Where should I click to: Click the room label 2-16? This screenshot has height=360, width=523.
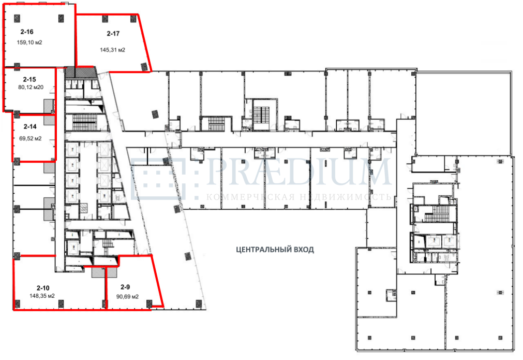(x=27, y=32)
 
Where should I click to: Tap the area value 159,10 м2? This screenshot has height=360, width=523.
(x=29, y=42)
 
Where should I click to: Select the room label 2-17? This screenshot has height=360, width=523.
(x=113, y=33)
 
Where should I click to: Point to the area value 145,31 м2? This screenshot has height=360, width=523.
(x=112, y=50)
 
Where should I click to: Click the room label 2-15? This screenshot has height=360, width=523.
(x=29, y=79)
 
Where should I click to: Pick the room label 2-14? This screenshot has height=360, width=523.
(x=30, y=127)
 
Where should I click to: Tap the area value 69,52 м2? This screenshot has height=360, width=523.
(x=31, y=138)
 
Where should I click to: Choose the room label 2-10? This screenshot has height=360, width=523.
(x=43, y=288)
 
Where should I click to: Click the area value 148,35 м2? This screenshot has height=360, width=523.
(x=42, y=296)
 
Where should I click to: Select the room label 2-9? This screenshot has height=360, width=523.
(x=125, y=287)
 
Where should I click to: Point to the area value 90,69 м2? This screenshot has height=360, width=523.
(x=127, y=297)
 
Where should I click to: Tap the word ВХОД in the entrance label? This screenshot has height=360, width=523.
(x=305, y=250)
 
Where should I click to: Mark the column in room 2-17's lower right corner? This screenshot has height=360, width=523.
(x=144, y=67)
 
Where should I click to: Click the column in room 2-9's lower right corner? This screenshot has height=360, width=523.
(x=149, y=304)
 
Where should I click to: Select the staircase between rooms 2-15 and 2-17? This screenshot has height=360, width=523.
(x=85, y=123)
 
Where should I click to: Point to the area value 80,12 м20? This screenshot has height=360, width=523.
(x=31, y=88)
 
